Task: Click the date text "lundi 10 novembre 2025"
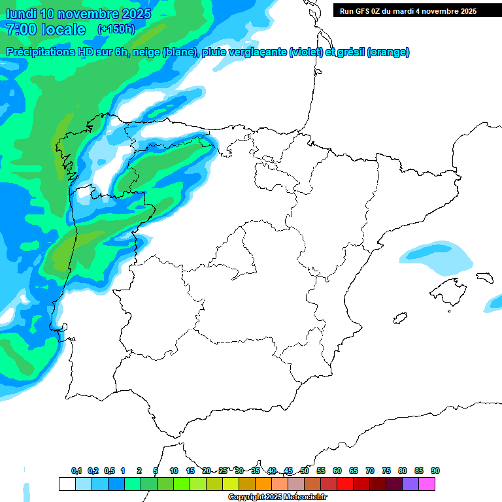click(x=78, y=14)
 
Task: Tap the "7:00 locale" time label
click(x=46, y=29)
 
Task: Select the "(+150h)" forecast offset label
click(x=116, y=29)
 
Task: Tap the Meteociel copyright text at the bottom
click(x=278, y=497)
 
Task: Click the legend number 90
click(x=435, y=471)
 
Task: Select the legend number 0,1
click(x=76, y=471)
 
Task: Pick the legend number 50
click(x=305, y=471)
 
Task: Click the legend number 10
click(x=174, y=471)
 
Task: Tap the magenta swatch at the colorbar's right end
click(x=427, y=484)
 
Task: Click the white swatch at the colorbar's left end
click(x=67, y=484)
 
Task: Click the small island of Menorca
click(x=484, y=277)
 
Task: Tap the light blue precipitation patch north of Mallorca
click(x=437, y=257)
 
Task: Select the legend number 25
click(x=223, y=471)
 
